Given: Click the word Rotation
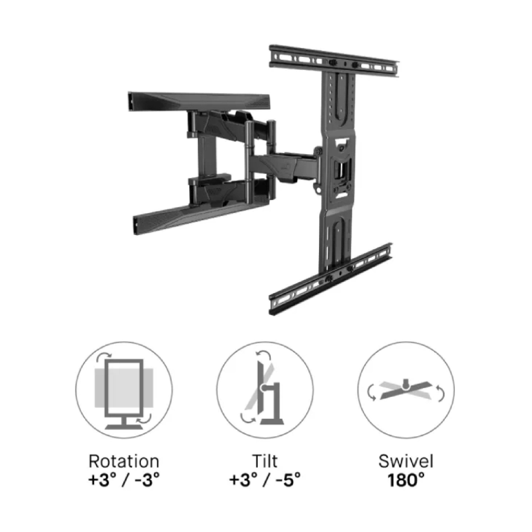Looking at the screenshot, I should [x=124, y=462].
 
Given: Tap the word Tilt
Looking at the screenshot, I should [x=265, y=462].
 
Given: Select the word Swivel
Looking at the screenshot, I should [x=406, y=462].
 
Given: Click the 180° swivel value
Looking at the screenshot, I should [x=406, y=481].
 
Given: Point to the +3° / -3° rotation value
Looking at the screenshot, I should [x=124, y=481].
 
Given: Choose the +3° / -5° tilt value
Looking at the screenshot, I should [x=265, y=481].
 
